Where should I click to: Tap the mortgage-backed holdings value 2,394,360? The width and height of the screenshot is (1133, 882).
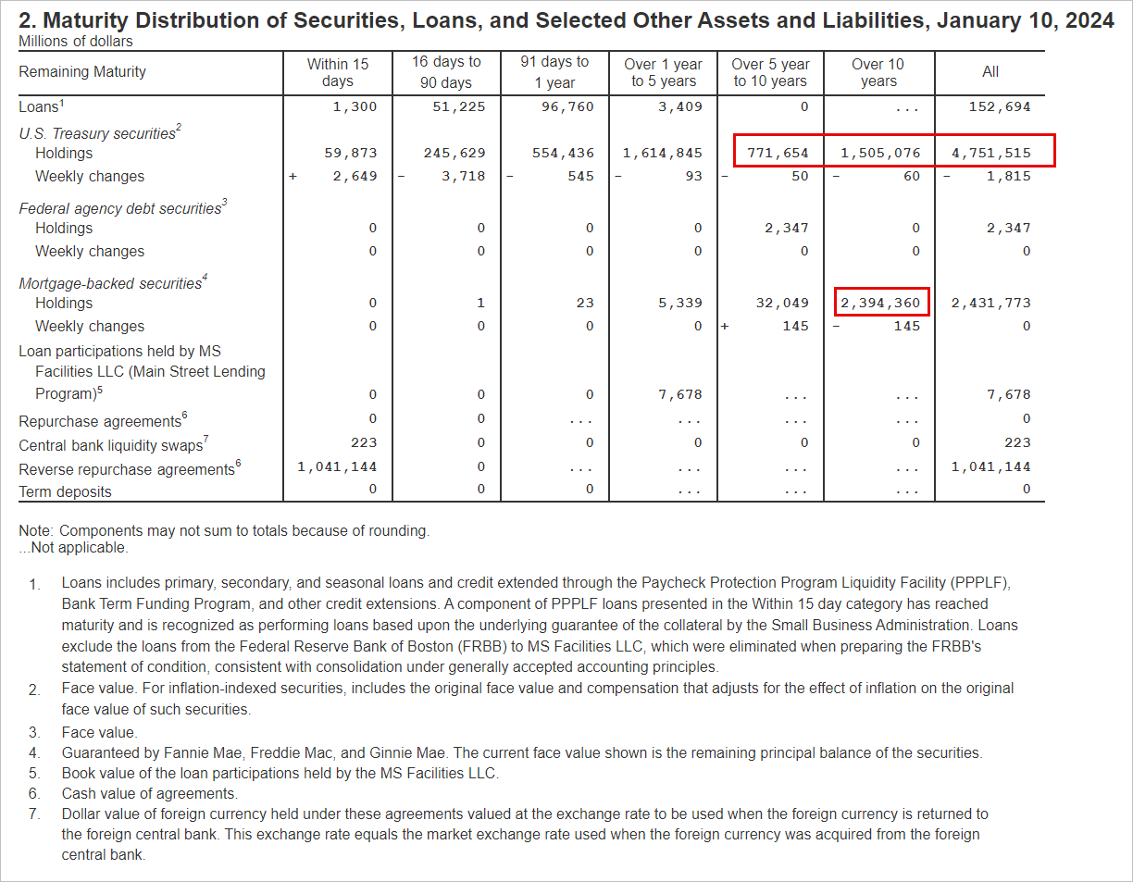[880, 303]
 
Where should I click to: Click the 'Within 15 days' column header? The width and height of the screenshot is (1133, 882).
[338, 72]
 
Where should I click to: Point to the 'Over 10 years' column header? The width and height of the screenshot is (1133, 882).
[878, 72]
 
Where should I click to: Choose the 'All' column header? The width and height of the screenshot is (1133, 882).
[990, 72]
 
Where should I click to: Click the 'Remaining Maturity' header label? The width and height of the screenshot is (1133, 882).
[82, 72]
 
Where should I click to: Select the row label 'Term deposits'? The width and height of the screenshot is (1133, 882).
[65, 492]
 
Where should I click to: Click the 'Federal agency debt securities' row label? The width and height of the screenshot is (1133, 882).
[120, 209]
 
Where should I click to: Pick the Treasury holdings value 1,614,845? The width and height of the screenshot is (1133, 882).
[663, 153]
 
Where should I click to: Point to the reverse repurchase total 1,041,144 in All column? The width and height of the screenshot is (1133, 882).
[990, 467]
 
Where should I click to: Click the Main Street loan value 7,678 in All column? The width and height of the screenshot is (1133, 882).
[1008, 394]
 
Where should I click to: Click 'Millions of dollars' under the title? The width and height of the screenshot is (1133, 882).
[76, 42]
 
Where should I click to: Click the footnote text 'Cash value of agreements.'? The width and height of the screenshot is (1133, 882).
[149, 793]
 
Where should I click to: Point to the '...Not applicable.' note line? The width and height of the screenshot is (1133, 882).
[73, 548]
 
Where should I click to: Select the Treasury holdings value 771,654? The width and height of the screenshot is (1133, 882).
[778, 153]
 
